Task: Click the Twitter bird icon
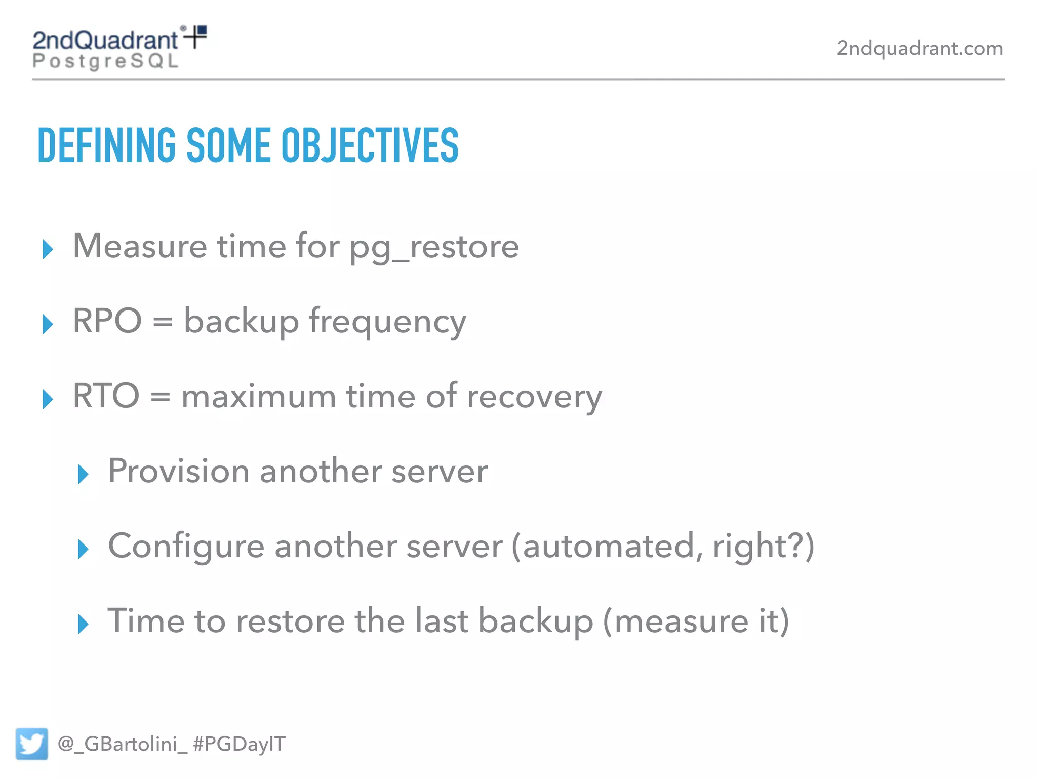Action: [31, 744]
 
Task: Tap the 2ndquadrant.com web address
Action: [919, 48]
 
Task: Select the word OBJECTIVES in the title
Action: [370, 145]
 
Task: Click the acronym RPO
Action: [107, 321]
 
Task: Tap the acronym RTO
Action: [106, 396]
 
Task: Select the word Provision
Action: [178, 471]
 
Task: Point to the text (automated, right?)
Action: [663, 546]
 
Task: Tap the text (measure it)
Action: [696, 621]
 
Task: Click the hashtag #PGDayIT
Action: [239, 744]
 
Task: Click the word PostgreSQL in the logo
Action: [105, 61]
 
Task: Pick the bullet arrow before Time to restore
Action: [83, 624]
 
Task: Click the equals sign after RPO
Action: [163, 322]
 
